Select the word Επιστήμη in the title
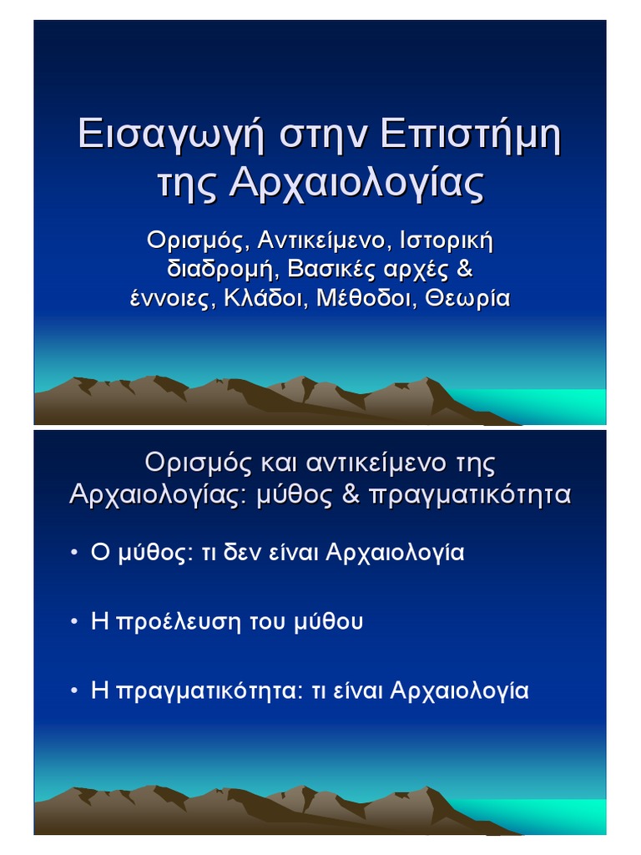(470, 135)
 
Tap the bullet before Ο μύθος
(74, 553)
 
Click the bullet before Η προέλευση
(74, 622)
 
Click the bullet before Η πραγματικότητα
(74, 691)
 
